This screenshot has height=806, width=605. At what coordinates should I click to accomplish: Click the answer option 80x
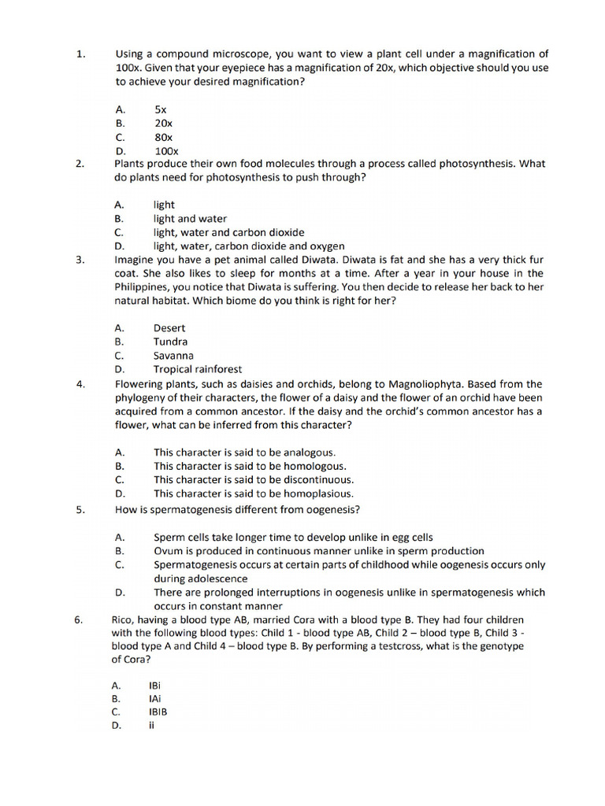(x=163, y=137)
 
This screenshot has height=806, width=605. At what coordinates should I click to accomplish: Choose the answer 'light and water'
(x=190, y=219)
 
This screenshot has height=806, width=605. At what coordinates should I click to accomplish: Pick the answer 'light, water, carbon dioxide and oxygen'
(x=249, y=246)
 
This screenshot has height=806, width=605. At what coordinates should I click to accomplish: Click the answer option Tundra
(x=170, y=342)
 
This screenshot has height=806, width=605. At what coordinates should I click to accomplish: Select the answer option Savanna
(x=173, y=355)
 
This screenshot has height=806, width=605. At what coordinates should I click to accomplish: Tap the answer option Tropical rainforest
(x=198, y=369)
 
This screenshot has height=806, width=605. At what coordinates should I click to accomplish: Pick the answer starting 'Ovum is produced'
(x=319, y=551)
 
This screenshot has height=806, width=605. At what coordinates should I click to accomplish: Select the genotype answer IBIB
(x=158, y=712)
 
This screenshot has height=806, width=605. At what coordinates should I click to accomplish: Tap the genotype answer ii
(x=150, y=726)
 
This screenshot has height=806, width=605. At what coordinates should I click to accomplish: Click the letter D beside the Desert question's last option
(x=119, y=369)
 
